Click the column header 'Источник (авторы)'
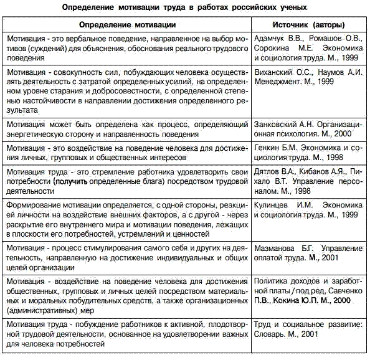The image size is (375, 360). tap(308, 25)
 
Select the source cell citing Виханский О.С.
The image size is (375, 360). tap(308, 77)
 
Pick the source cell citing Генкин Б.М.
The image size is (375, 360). tap(308, 153)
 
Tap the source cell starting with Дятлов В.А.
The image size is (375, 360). tap(308, 181)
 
